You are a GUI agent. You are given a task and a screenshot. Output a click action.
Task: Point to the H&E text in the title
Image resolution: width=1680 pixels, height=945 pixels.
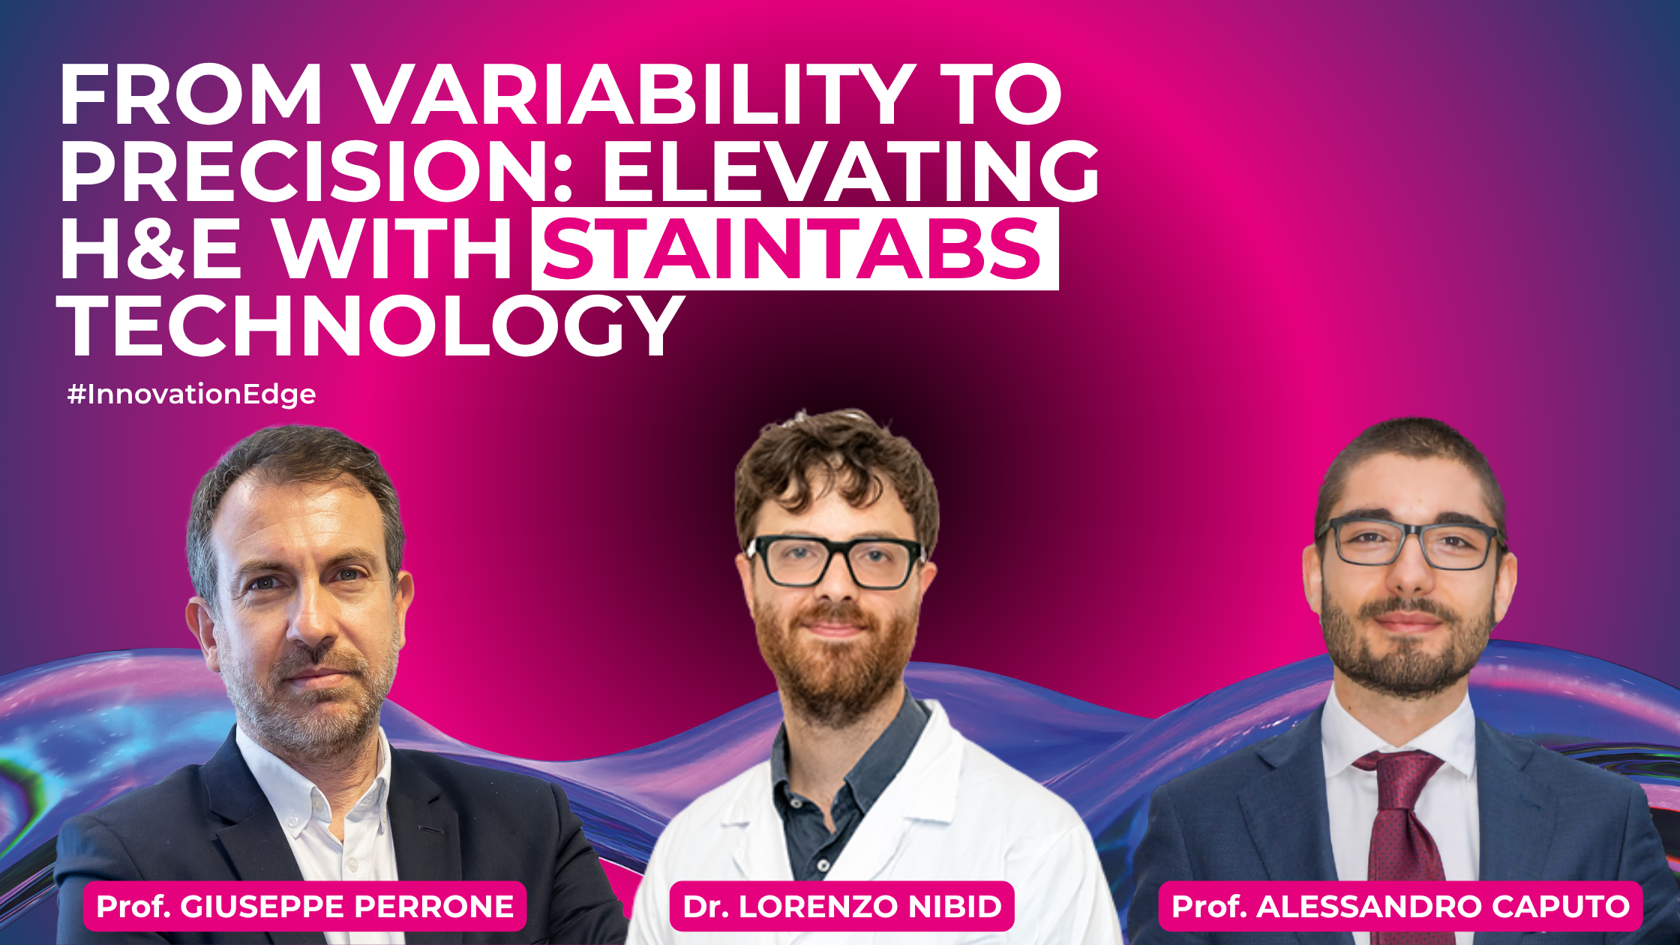click(151, 248)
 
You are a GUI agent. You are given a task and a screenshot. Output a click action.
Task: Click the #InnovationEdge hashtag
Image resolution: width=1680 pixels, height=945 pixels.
click(191, 394)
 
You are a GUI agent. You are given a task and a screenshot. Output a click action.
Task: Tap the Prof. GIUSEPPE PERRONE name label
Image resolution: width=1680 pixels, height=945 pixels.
click(304, 906)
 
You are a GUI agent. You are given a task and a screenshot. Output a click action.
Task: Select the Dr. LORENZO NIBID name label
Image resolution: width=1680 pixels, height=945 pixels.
click(841, 906)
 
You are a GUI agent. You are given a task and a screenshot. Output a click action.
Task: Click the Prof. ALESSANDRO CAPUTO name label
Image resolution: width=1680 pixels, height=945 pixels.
click(1400, 906)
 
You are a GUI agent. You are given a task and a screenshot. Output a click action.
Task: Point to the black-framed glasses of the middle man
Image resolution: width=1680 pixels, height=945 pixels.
click(835, 561)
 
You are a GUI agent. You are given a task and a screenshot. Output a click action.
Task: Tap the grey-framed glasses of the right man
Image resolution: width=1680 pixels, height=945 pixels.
click(1410, 541)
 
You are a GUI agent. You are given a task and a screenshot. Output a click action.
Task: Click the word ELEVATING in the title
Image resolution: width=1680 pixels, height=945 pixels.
click(850, 171)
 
